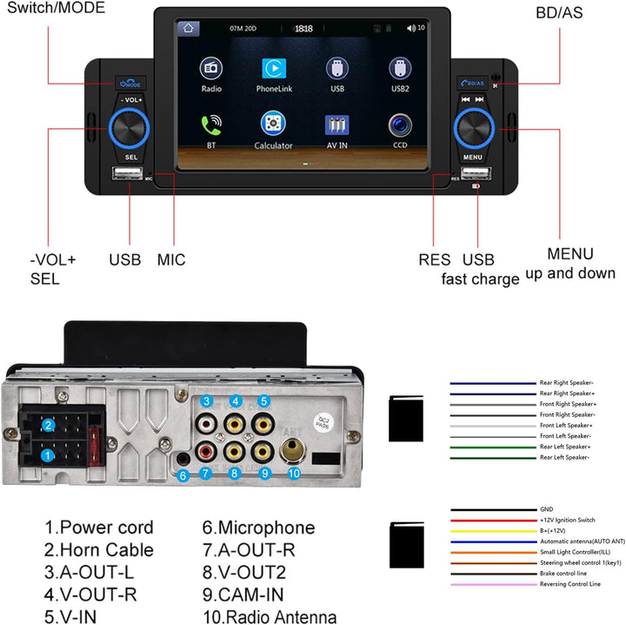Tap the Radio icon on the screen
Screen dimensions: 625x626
pos(210,69)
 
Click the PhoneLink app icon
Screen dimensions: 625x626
pos(273,69)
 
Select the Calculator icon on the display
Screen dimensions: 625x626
pos(273,124)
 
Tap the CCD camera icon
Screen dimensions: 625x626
pos(400,124)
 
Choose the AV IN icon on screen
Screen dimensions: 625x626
pos(336,124)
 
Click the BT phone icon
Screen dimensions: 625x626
pos(210,124)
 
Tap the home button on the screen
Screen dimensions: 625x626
pos(188,29)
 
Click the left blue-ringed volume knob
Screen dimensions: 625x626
pos(132,130)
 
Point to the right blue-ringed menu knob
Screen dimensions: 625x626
pos(473,130)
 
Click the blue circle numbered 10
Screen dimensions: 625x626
pos(294,474)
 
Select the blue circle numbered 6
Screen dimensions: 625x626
pos(183,476)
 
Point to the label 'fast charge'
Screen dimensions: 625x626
pos(480,279)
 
